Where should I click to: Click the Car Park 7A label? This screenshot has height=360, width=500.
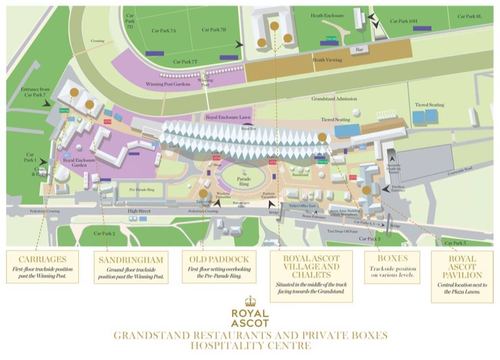[164, 31]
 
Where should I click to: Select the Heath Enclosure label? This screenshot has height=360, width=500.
[327, 16]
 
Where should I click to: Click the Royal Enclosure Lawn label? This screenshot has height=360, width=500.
[229, 117]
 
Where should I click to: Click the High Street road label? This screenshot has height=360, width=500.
[139, 211]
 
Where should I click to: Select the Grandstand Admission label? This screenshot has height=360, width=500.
[334, 99]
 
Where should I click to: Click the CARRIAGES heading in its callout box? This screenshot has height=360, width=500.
[42, 259]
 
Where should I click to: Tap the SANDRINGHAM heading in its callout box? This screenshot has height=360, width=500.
[130, 260]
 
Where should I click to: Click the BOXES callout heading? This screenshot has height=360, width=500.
[392, 259]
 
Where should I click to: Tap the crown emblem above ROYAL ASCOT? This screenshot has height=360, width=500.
[250, 301]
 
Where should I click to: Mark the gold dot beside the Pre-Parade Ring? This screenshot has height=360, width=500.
[203, 193]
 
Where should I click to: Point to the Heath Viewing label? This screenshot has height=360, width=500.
[327, 60]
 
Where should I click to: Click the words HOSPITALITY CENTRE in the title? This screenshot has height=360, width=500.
[250, 346]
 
